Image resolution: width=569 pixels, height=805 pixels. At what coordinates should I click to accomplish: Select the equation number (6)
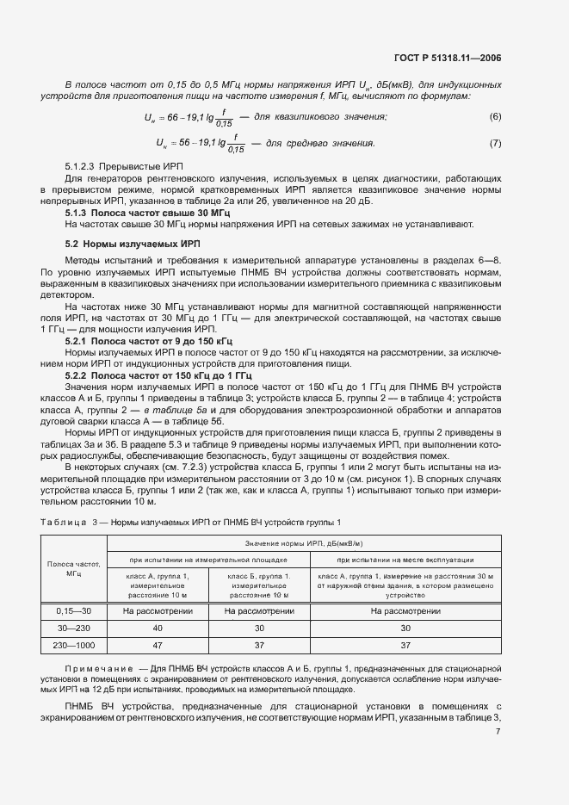[495, 116]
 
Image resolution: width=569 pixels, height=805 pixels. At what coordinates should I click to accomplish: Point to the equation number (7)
[495, 143]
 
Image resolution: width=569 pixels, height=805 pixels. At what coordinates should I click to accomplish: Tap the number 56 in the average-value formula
[172, 143]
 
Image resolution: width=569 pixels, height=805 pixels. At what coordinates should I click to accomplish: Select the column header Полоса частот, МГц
[73, 570]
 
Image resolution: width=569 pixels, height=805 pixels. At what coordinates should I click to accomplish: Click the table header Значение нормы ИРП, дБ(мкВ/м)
[304, 542]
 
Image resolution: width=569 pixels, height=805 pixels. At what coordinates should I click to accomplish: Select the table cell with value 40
[157, 627]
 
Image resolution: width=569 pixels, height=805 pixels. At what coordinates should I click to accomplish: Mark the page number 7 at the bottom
[498, 732]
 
